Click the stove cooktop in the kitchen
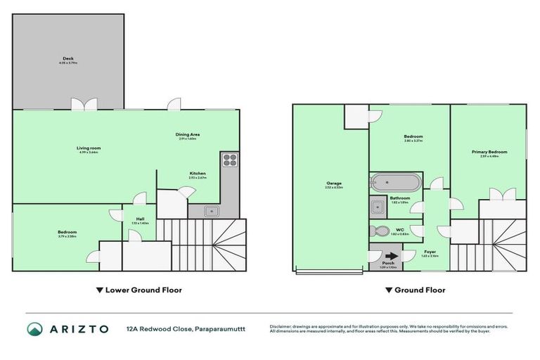229,160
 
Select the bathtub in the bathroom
394,183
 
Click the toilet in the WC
380,231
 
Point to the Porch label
388,263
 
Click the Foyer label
430,252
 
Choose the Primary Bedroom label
489,152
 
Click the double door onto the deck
83,104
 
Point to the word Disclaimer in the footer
283,326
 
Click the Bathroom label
400,199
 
